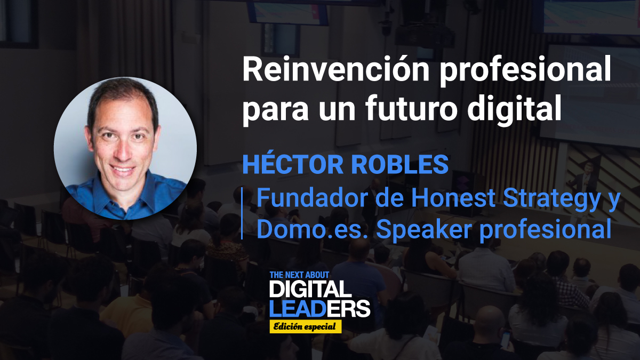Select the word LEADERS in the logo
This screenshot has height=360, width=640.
(319, 308)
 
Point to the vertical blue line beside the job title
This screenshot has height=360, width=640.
(243, 213)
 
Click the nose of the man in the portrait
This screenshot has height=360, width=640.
(123, 152)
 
